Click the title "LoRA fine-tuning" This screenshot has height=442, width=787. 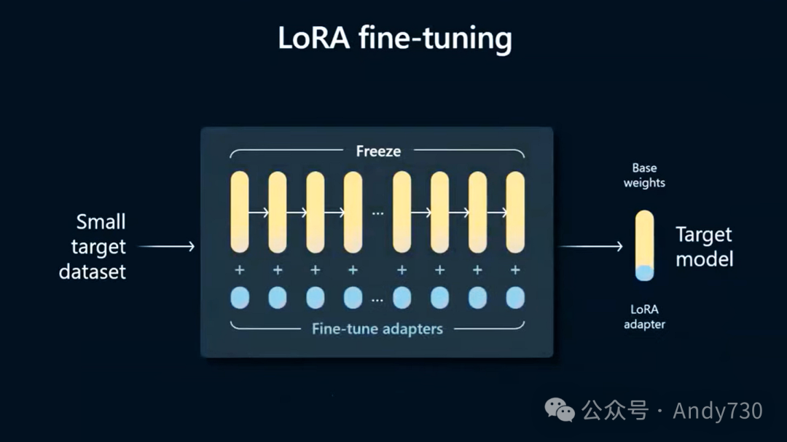[x=394, y=38]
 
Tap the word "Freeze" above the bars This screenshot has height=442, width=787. [x=378, y=151]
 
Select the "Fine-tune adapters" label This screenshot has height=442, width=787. [x=377, y=328]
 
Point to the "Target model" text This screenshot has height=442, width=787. [x=704, y=246]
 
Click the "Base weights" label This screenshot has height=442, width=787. [x=644, y=175]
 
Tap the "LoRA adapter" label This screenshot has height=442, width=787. [x=644, y=317]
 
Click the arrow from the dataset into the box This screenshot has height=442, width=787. [x=167, y=247]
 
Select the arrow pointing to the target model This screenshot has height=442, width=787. [x=591, y=247]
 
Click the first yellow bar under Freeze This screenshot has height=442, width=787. [x=240, y=211]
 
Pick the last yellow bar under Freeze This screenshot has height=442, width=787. [x=515, y=211]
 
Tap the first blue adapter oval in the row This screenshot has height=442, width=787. [x=240, y=297]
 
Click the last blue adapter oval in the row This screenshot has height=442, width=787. [x=515, y=297]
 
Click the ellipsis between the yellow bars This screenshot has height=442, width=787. [x=377, y=213]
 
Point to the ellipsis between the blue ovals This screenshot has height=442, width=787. [x=377, y=299]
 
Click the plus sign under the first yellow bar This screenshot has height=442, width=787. [x=240, y=270]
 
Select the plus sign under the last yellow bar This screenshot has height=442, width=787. [x=515, y=270]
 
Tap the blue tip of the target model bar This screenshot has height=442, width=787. [x=644, y=273]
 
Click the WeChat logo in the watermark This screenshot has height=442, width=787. [x=562, y=411]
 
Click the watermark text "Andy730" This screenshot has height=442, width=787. [x=718, y=411]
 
